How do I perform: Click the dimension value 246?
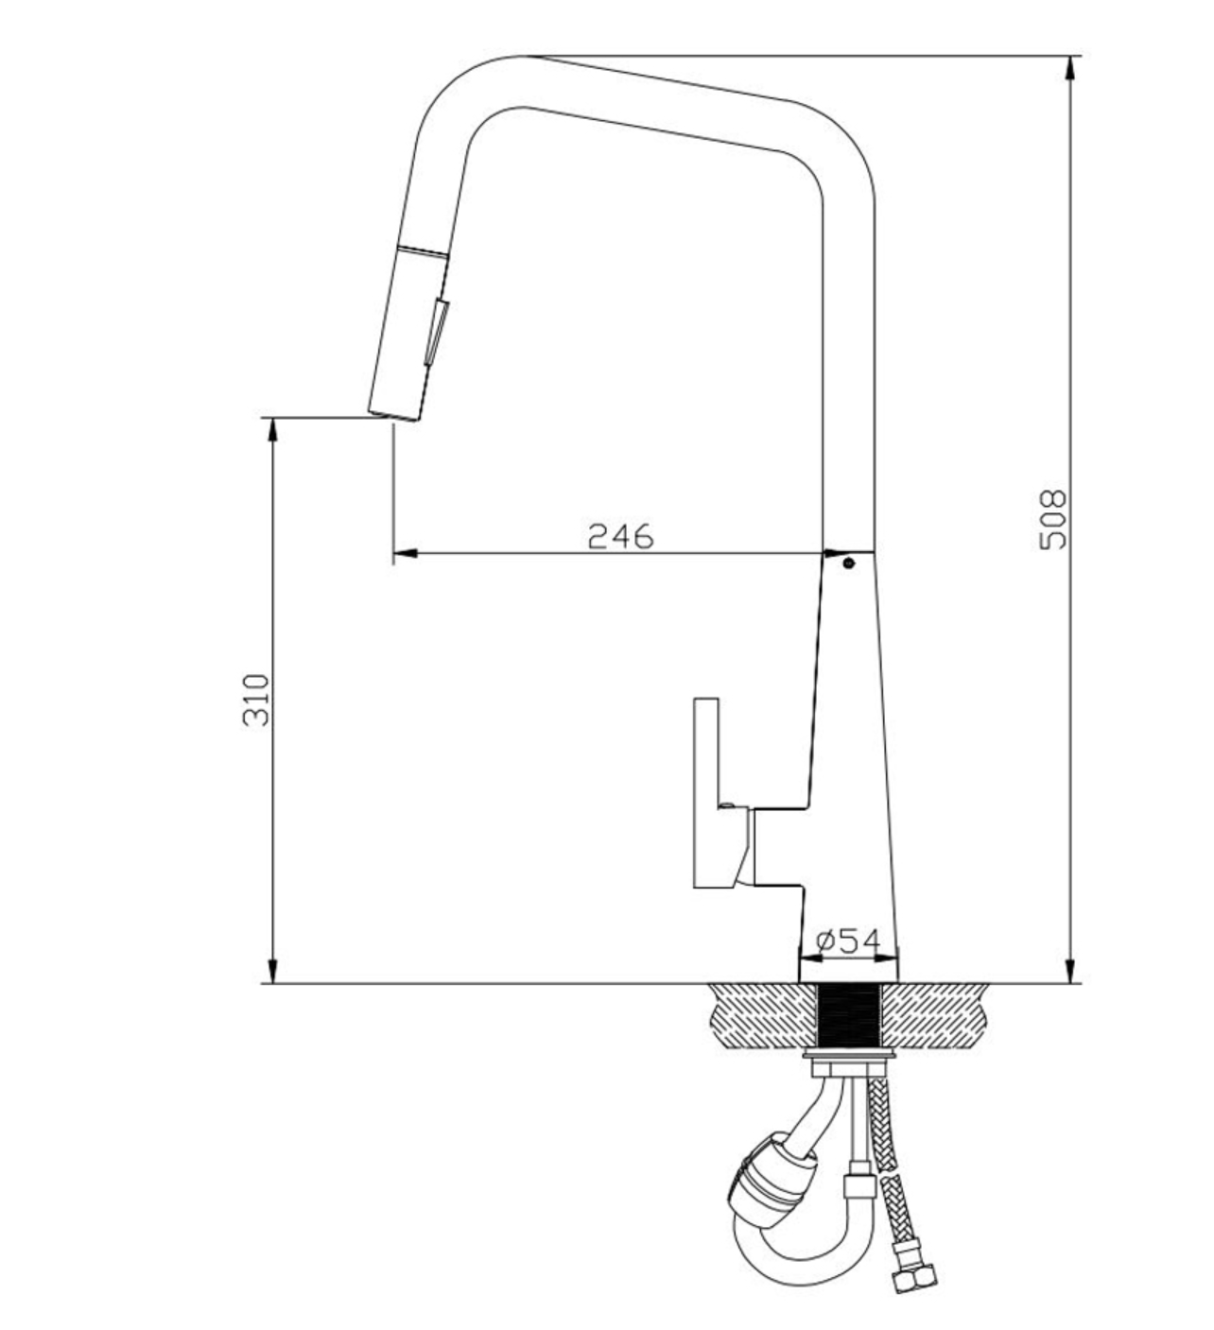click(620, 536)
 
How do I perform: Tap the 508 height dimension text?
click(1052, 519)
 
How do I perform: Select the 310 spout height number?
click(256, 700)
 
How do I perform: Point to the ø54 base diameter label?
click(848, 940)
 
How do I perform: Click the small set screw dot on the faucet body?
click(848, 562)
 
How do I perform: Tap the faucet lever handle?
click(706, 792)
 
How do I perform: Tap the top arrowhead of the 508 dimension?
click(1068, 68)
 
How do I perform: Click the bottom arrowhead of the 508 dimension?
click(1068, 971)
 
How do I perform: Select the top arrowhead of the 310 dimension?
click(270, 430)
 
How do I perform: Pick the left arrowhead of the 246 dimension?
click(406, 552)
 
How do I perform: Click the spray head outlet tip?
click(393, 417)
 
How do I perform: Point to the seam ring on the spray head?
click(424, 250)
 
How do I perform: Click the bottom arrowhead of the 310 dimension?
click(270, 971)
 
